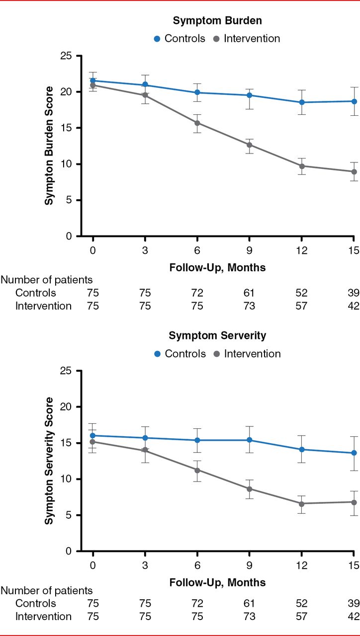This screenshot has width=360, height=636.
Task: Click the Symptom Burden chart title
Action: coord(217,21)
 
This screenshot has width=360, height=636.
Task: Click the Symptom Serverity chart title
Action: coord(217,335)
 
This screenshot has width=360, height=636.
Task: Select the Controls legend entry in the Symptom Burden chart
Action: coord(179,38)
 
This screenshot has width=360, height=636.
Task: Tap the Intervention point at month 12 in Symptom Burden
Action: coord(301,166)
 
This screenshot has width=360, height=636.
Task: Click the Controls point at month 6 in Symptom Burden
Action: coord(197,92)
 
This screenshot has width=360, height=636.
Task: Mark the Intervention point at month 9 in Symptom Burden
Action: coord(250,145)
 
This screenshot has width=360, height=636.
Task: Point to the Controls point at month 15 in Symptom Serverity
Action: coord(354,453)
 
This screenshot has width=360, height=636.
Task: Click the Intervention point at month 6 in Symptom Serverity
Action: coord(197,470)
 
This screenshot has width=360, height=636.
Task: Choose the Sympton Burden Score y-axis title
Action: coord(49,146)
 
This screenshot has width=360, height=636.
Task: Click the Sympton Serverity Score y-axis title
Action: coord(49,461)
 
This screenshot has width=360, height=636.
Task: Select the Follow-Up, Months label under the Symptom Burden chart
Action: coord(217,268)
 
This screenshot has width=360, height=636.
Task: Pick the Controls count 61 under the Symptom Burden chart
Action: coord(250,293)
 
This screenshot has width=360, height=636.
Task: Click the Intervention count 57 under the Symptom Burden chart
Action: coord(301,306)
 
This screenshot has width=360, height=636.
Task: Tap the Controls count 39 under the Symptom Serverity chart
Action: coord(354,603)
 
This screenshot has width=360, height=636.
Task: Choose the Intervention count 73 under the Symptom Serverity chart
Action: coord(250,617)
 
